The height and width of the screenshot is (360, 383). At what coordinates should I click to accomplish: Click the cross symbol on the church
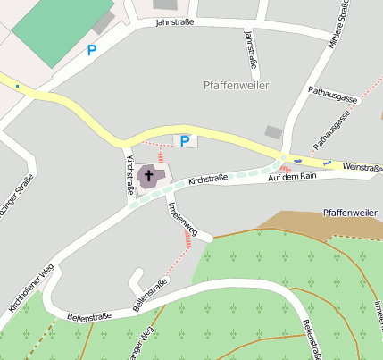(149, 175)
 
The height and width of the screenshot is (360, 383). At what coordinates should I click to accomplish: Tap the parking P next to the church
(185, 140)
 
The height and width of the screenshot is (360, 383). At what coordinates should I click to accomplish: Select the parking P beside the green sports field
(92, 51)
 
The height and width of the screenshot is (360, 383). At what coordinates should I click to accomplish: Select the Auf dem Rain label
(293, 177)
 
